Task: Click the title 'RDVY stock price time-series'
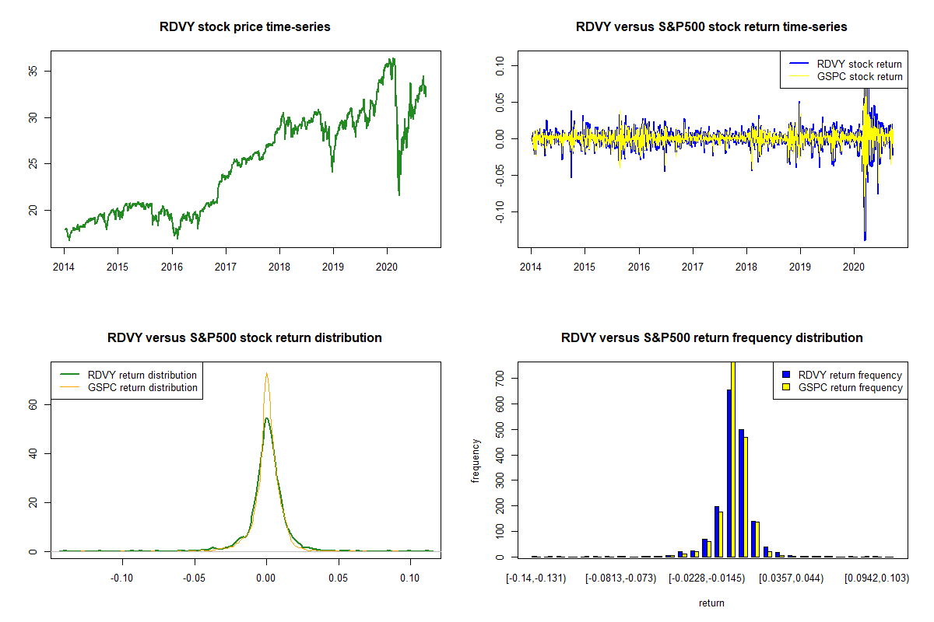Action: (244, 27)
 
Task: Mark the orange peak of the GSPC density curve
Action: (266, 373)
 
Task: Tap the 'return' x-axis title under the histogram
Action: (711, 603)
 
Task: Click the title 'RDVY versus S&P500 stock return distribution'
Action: (244, 338)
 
